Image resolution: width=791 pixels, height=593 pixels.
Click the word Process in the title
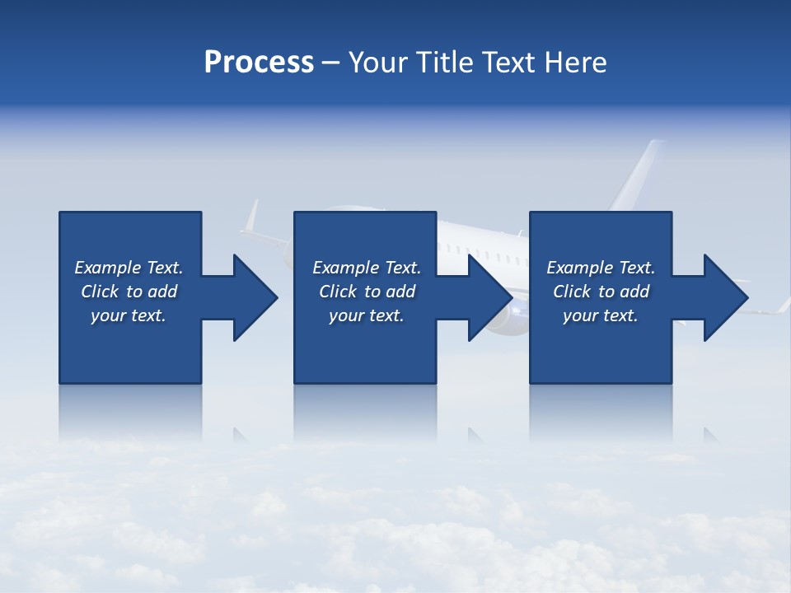(x=259, y=63)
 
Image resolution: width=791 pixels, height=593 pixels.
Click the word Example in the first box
(x=107, y=268)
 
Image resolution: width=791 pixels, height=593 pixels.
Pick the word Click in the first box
(x=100, y=292)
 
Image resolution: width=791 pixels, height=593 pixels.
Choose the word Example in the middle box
(x=345, y=268)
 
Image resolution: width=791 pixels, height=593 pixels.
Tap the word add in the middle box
(x=400, y=292)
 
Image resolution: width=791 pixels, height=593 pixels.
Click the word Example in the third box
(x=579, y=268)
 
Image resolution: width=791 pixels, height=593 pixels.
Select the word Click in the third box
(x=572, y=292)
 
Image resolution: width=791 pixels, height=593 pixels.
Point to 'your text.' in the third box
(x=600, y=315)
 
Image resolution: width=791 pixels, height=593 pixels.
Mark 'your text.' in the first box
(x=129, y=315)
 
